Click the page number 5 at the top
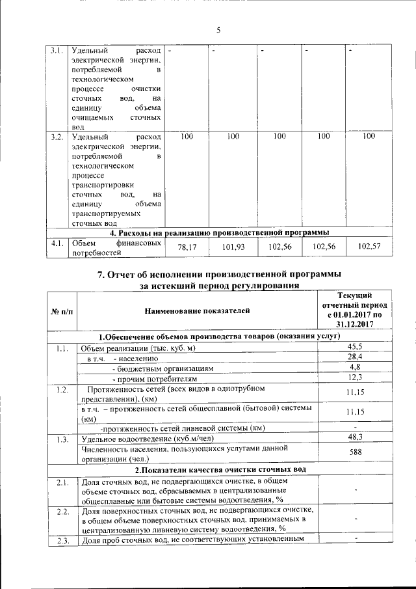[x=218, y=30]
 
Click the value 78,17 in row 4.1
[x=188, y=247]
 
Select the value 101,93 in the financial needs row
[x=233, y=247]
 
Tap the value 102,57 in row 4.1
[x=370, y=247]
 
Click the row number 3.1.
[x=57, y=50]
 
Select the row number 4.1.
[x=57, y=243]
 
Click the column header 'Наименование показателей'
[x=197, y=312]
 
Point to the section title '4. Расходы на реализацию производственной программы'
[x=218, y=232]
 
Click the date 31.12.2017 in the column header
[x=355, y=323]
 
